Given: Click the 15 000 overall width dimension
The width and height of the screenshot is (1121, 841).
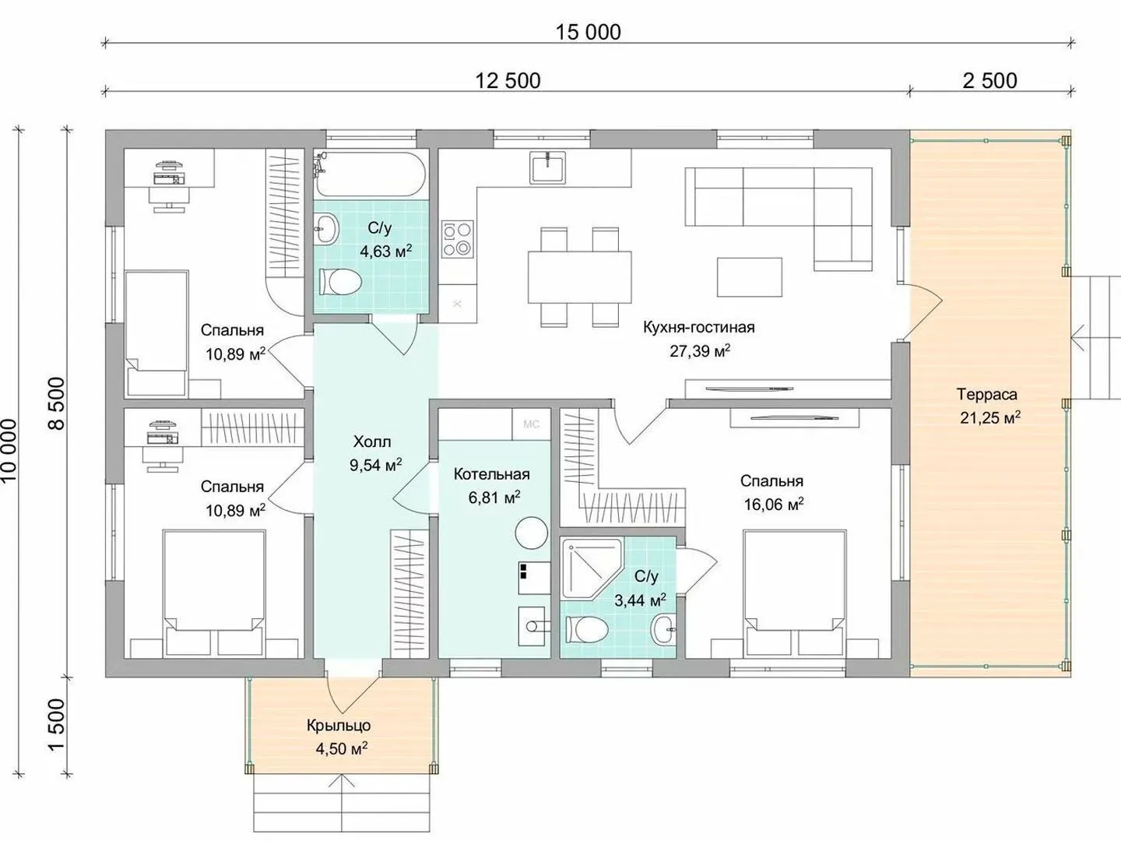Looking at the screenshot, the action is (x=588, y=32).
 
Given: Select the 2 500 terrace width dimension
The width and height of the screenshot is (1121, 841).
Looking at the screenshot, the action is (x=989, y=81).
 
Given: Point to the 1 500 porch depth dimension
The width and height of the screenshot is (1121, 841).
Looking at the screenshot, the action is (x=57, y=724).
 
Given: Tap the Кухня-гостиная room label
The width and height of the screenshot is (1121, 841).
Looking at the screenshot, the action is (x=698, y=327).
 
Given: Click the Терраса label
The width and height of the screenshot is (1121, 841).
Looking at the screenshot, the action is (x=986, y=394).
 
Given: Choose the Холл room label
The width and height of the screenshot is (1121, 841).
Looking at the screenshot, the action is (x=372, y=442).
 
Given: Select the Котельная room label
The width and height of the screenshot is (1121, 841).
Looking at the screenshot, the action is (x=491, y=474).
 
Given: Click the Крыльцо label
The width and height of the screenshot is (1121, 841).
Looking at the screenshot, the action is (x=339, y=725).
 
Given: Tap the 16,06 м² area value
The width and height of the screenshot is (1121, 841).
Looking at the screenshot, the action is (x=774, y=504).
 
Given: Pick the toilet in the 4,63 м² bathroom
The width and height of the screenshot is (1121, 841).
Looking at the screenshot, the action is (x=340, y=282).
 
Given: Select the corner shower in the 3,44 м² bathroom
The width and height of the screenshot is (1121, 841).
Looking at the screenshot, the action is (x=592, y=568).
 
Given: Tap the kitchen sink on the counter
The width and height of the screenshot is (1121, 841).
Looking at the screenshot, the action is (x=547, y=167).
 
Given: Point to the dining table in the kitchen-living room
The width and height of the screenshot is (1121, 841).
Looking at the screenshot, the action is (x=580, y=276).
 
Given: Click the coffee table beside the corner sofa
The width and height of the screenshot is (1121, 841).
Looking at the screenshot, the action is (x=749, y=277).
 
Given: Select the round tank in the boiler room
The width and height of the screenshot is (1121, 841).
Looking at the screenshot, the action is (x=531, y=533).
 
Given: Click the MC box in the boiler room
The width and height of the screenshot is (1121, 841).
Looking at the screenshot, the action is (x=531, y=424).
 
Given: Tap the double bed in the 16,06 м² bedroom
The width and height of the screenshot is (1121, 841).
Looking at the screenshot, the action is (x=793, y=593).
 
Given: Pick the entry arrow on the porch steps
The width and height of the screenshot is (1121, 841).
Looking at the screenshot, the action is (x=342, y=790).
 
